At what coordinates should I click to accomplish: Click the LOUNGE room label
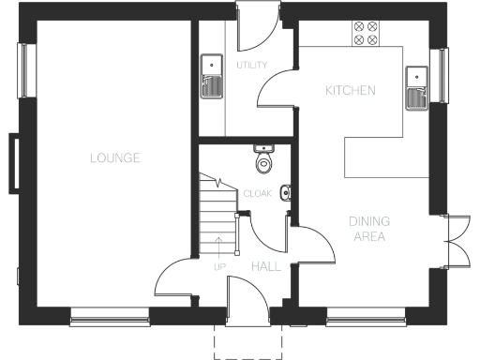click(x=114, y=158)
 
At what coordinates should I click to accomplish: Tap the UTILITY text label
click(x=252, y=65)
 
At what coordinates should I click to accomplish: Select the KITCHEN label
click(x=350, y=91)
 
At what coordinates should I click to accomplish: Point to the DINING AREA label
click(x=369, y=229)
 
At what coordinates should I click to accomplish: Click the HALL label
click(x=265, y=267)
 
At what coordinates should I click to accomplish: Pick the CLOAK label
click(x=257, y=194)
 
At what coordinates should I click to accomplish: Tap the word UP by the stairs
click(x=220, y=267)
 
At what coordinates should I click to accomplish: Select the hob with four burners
click(x=366, y=33)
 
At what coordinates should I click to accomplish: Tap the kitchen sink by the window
click(x=415, y=84)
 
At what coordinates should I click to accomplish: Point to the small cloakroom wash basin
click(x=285, y=194)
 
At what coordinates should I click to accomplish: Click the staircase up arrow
click(x=220, y=248)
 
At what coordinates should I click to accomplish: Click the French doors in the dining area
click(x=457, y=240)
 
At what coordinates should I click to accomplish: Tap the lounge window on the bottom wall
click(x=110, y=320)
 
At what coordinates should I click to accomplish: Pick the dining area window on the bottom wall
click(x=366, y=320)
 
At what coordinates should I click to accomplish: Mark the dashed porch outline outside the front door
click(x=248, y=343)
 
